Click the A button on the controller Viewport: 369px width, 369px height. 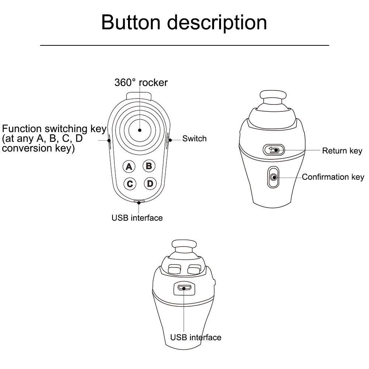(x=129, y=166)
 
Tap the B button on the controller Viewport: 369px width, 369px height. (x=149, y=166)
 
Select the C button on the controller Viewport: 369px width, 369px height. (x=130, y=183)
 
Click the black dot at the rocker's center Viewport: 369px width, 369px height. (x=140, y=130)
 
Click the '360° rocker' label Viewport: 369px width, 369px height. (x=141, y=82)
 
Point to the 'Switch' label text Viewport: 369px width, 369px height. (x=194, y=139)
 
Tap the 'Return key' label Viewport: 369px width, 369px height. (x=342, y=151)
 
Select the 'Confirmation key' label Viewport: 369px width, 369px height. (x=333, y=177)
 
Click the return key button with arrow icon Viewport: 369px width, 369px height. (x=273, y=150)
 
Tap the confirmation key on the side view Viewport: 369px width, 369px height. (x=273, y=177)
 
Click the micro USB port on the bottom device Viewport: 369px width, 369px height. (x=183, y=288)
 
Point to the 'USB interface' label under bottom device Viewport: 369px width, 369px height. (x=196, y=337)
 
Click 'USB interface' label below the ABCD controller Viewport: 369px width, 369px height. (x=137, y=218)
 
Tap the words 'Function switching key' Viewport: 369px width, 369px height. (x=54, y=129)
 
